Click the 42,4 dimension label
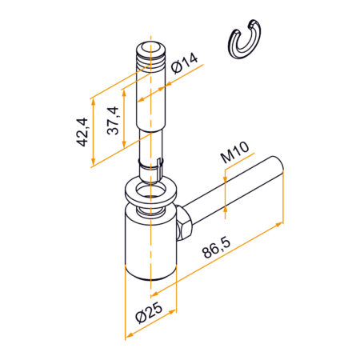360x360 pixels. coord(80,130)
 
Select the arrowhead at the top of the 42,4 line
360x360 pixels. coord(93,100)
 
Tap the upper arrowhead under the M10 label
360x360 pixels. coord(226,181)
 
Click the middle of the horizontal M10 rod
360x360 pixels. coord(232,192)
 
